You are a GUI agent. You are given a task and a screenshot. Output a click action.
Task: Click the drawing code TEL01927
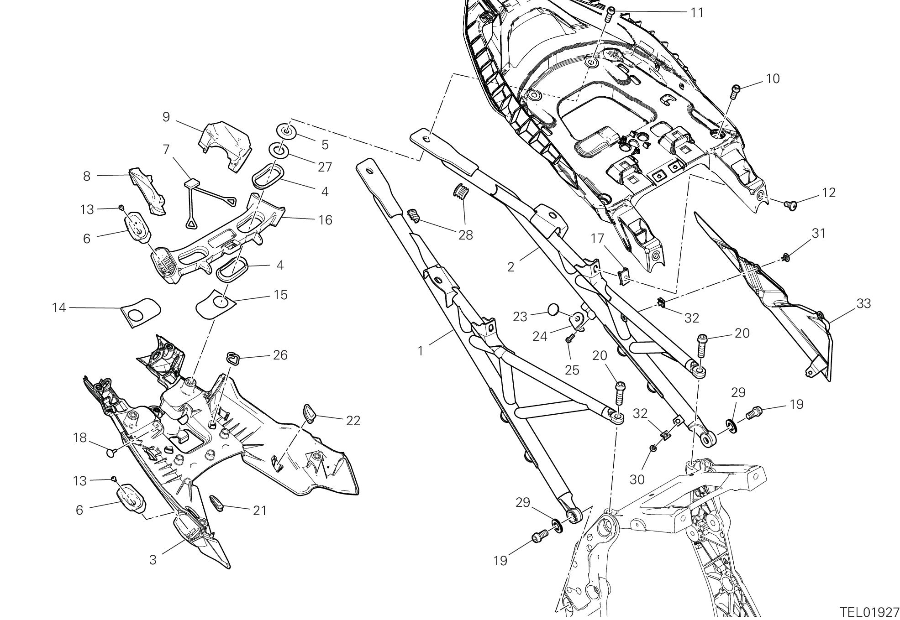(x=869, y=612)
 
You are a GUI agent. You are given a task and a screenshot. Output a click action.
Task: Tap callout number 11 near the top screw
(x=697, y=12)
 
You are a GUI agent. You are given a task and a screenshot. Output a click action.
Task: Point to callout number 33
(x=863, y=303)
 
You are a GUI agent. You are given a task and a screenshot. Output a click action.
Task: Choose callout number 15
(x=281, y=295)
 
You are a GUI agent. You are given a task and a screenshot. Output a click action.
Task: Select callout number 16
(x=325, y=220)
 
